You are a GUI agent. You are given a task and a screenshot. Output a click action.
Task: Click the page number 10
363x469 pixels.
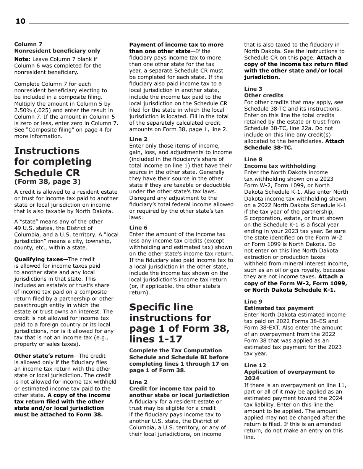click(x=20, y=21)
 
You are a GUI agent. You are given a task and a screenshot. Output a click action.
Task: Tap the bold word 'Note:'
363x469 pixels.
click(x=22, y=59)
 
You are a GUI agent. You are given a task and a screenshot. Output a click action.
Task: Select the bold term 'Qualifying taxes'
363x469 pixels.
click(x=38, y=259)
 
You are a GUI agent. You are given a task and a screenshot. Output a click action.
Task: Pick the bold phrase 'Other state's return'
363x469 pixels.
click(x=44, y=356)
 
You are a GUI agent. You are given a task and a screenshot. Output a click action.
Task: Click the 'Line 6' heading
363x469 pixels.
click(x=138, y=228)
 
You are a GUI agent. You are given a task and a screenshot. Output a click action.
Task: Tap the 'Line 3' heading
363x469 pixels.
click(x=253, y=89)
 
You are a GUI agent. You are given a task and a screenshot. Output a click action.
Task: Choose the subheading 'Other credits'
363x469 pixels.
click(x=264, y=95)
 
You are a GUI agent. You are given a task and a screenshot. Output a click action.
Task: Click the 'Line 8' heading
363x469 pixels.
click(x=253, y=159)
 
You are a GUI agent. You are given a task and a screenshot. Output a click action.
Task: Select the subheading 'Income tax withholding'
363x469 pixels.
click(x=280, y=166)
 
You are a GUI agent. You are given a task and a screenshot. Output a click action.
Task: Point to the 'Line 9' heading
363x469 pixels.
click(x=253, y=302)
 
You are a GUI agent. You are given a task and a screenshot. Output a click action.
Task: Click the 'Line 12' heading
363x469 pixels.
click(x=255, y=365)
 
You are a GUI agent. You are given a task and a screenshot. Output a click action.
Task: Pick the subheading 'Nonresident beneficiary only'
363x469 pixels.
click(x=57, y=51)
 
